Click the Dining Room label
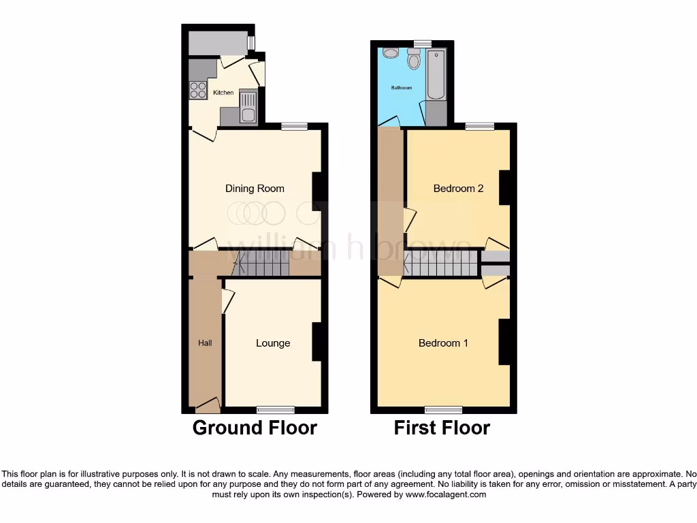coord(255,189)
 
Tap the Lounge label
coord(273,343)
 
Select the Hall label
coord(205,343)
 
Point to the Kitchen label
coord(223,93)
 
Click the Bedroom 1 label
coord(443,343)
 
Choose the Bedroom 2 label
coord(458,189)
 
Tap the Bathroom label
coord(401,88)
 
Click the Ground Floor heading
coord(255,428)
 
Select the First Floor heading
coord(442,428)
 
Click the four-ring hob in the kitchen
coord(197,90)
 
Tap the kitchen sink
coord(248,107)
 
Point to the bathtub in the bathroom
coord(436,74)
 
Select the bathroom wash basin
coord(391,52)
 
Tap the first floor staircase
coord(441,263)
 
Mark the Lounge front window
coord(276,409)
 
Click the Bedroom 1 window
coord(443,409)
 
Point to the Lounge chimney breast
coord(317,341)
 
